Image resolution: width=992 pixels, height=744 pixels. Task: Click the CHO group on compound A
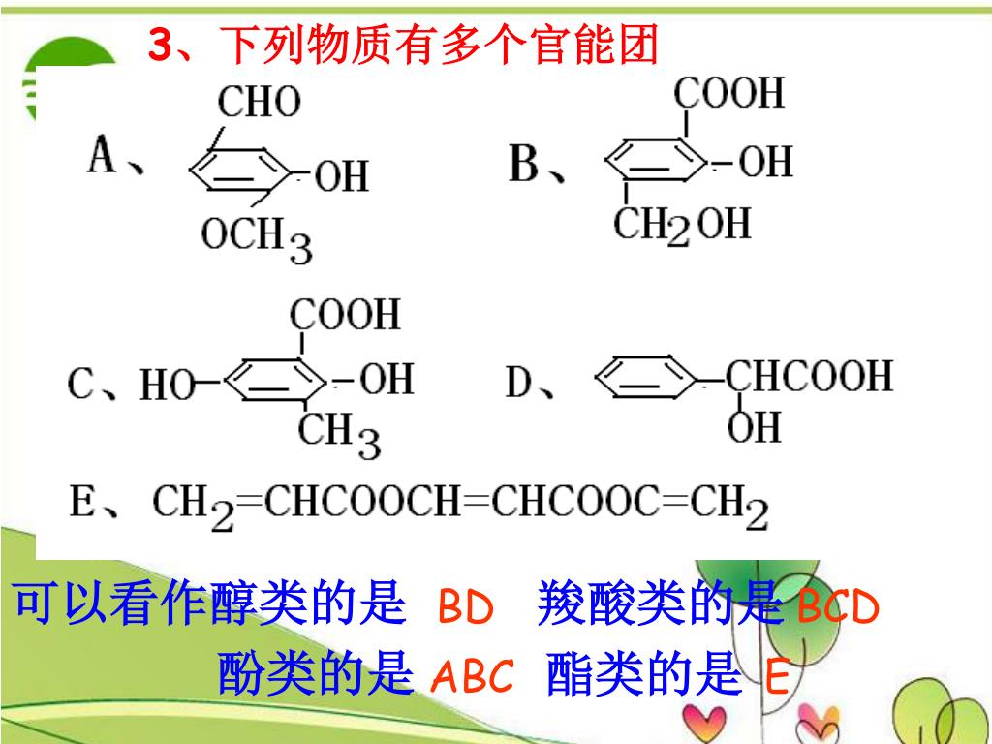click(x=259, y=102)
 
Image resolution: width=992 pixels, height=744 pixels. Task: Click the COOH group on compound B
click(x=728, y=94)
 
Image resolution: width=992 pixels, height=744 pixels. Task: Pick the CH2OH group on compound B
click(x=682, y=227)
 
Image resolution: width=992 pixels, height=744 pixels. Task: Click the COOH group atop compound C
click(x=345, y=314)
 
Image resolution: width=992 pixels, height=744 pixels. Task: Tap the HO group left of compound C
click(x=167, y=385)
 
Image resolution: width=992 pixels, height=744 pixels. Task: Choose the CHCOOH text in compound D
click(x=809, y=376)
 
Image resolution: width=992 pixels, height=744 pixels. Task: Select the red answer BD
click(x=465, y=609)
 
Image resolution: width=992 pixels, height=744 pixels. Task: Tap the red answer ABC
click(x=472, y=677)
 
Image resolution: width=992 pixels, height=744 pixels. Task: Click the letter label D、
click(x=529, y=384)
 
